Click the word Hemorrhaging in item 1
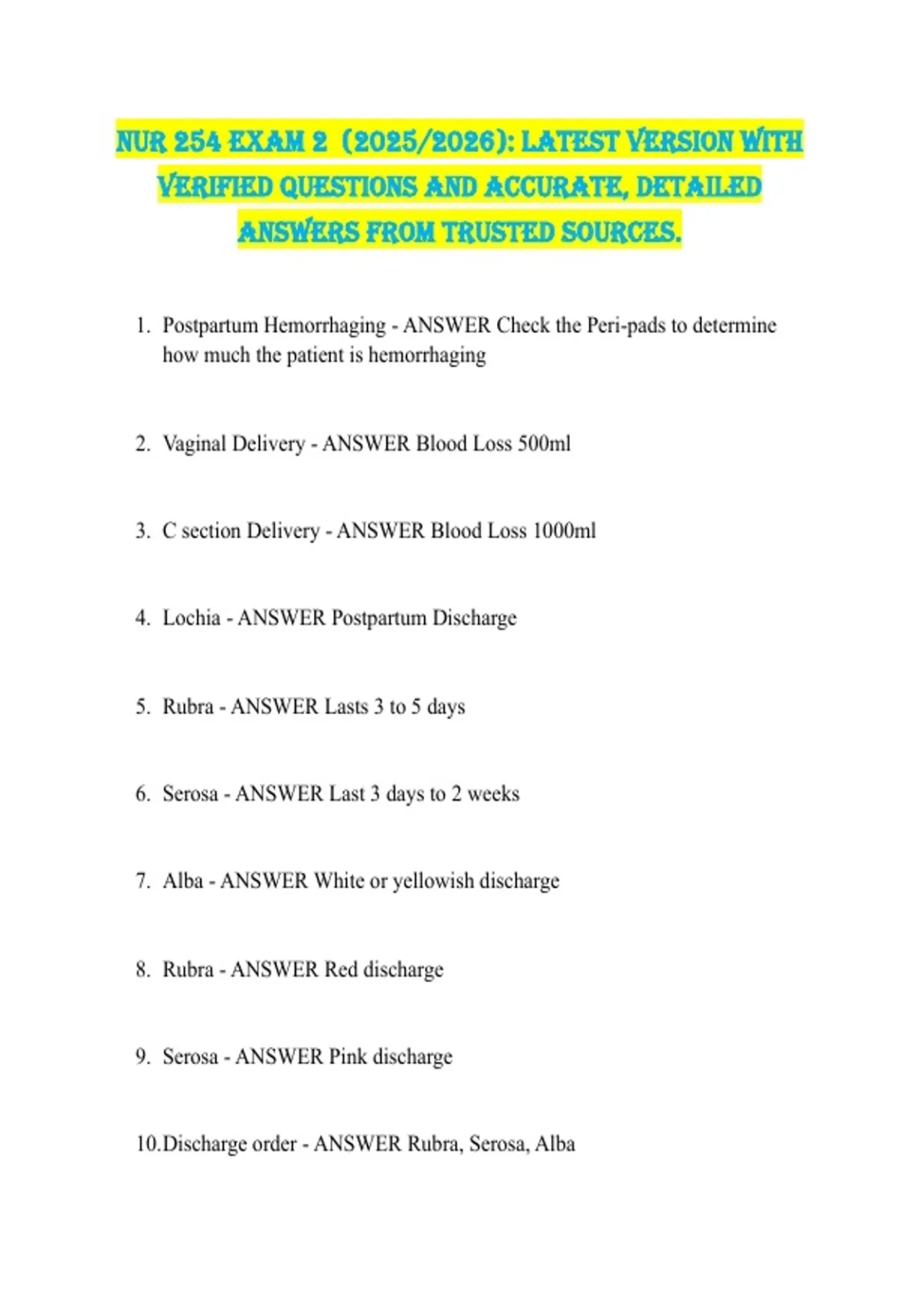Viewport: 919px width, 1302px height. pyautogui.click(x=324, y=325)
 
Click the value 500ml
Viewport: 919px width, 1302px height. pyautogui.click(x=544, y=443)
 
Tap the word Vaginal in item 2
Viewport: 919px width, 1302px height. pyautogui.click(x=195, y=443)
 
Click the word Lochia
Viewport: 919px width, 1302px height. pyautogui.click(x=191, y=617)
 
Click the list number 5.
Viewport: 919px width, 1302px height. pyautogui.click(x=142, y=706)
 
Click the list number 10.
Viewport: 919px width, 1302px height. pyautogui.click(x=147, y=1144)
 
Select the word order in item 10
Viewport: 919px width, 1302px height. pyautogui.click(x=273, y=1144)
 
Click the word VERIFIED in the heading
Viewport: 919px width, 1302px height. pyautogui.click(x=215, y=187)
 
